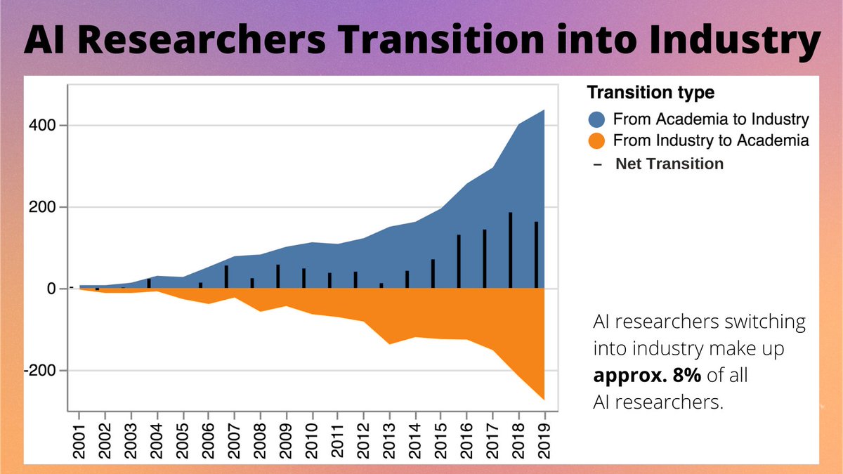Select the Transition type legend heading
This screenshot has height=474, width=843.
[651, 92]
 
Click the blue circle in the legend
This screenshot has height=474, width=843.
[596, 118]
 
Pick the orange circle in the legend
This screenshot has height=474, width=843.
[596, 140]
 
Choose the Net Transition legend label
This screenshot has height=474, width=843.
[669, 164]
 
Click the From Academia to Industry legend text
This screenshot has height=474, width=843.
[711, 118]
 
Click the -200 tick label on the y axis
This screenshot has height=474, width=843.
[44, 371]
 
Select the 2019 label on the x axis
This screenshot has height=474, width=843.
[545, 436]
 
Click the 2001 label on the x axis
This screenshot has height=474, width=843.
[79, 436]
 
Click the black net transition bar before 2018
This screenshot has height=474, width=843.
[510, 250]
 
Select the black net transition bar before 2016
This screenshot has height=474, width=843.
[459, 261]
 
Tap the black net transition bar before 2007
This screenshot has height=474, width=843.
[226, 277]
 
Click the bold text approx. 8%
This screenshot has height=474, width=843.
[647, 375]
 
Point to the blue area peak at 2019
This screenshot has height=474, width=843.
[544, 111]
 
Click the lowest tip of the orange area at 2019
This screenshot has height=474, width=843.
[544, 399]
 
